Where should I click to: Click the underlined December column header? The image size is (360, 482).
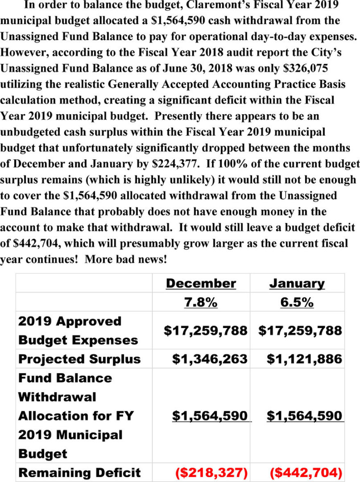point(201,283)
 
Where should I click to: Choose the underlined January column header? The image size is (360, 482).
point(297,283)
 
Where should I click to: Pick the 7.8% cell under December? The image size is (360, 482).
point(201,303)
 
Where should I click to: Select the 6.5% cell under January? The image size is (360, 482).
point(297,303)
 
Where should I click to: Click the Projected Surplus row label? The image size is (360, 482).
point(79,359)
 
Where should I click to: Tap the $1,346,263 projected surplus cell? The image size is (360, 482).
point(209,359)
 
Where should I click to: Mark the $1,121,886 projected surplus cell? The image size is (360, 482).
point(304,359)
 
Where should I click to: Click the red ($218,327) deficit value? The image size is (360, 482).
point(211,473)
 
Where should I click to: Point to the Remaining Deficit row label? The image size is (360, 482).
point(79,473)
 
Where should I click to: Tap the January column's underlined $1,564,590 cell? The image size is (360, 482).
point(304,416)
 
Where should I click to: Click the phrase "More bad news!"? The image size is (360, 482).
point(126,260)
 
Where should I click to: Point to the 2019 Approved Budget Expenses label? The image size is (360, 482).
point(78,330)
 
